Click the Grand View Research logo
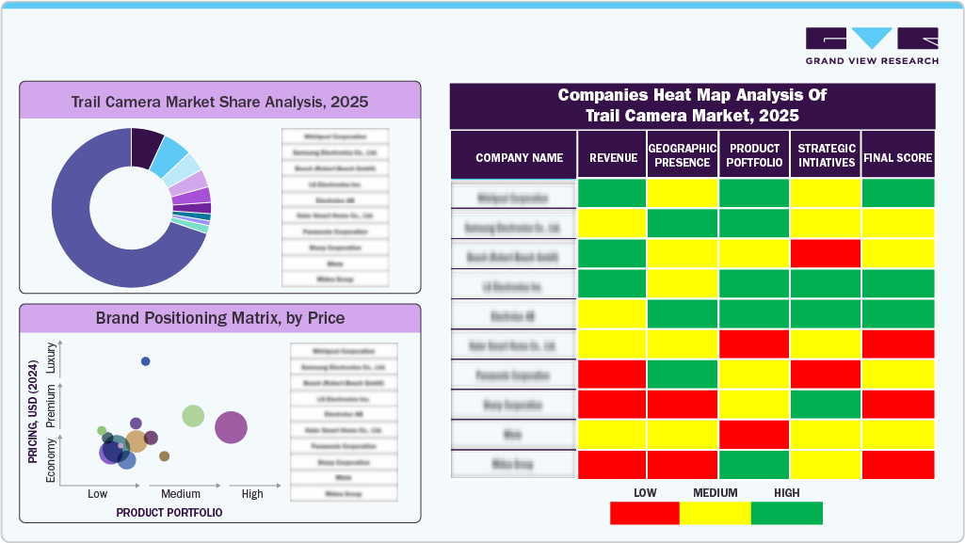[872, 46]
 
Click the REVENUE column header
[613, 158]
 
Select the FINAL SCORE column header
[898, 158]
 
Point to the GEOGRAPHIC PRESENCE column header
[683, 155]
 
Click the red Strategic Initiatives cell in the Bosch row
[826, 253]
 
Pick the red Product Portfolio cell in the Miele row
[754, 435]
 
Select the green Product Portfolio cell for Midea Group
[754, 465]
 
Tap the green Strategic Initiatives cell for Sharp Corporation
[826, 405]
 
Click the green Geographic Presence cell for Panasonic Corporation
[683, 375]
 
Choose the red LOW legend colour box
[645, 513]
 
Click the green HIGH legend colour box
[787, 513]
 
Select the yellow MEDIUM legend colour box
[716, 513]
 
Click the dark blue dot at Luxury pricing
[145, 361]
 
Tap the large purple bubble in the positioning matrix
[231, 427]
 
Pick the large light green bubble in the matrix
[193, 415]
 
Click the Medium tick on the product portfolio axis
[181, 494]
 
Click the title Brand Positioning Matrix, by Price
[220, 318]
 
